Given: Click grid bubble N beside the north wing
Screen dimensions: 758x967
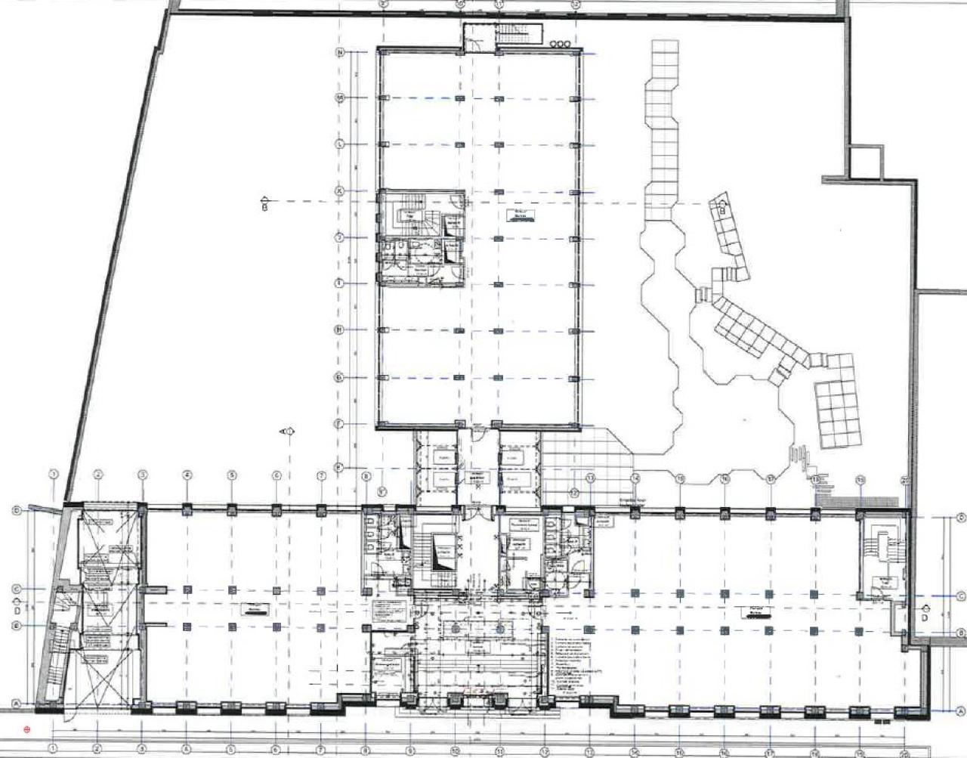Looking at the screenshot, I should coord(340,52).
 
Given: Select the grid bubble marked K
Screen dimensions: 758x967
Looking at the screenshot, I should coord(340,191).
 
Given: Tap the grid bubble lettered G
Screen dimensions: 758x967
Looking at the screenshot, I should coord(340,377).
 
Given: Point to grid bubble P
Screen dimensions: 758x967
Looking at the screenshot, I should coord(340,468).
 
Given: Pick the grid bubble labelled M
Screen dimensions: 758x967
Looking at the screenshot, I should coord(340,97).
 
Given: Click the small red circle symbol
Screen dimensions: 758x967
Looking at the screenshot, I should coord(27,730).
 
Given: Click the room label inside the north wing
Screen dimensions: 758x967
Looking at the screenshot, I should coord(519,215).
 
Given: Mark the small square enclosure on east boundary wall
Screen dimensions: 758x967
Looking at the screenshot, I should coord(867,162).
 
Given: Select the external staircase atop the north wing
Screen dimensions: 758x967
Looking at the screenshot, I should coord(502,36).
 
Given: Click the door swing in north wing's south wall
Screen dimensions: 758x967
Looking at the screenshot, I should coord(479,432).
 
